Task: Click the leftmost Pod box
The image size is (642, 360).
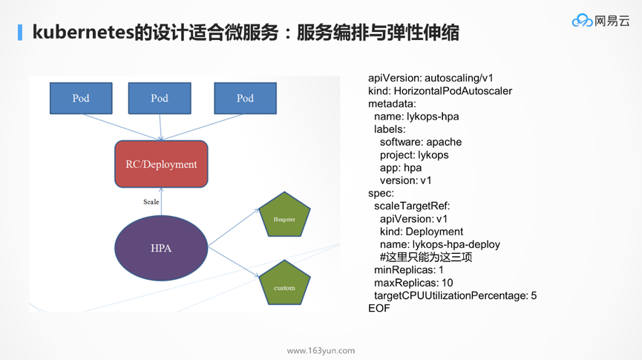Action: [x=81, y=98]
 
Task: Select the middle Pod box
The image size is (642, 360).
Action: [x=160, y=98]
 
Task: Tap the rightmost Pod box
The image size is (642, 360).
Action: [x=245, y=98]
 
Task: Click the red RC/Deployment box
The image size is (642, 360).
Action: [x=161, y=164]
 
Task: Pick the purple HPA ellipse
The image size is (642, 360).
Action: [x=161, y=248]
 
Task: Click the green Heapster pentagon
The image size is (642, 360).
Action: [x=284, y=217]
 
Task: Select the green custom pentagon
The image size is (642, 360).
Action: [x=284, y=284]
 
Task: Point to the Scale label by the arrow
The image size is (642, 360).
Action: [x=151, y=202]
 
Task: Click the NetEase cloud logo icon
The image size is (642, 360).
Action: [x=581, y=22]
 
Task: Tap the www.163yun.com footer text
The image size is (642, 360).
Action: [x=321, y=350]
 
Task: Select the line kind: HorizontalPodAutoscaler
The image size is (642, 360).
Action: [x=440, y=91]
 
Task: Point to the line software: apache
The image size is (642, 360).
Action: [x=421, y=142]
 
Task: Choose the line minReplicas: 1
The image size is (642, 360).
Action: [x=409, y=270]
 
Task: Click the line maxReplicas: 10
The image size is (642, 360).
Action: [x=413, y=283]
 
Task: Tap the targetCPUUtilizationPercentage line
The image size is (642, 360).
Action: [x=455, y=295]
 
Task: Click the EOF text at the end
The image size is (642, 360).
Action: [x=379, y=308]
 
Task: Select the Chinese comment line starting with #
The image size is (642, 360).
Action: [x=426, y=258]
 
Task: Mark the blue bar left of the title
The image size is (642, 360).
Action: [x=20, y=33]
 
